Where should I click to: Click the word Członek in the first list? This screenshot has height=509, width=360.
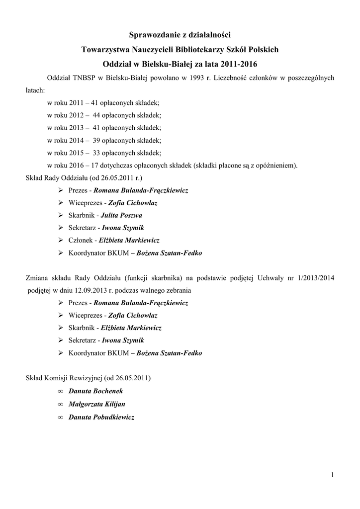[81, 240]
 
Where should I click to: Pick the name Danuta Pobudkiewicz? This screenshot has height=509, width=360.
[101, 417]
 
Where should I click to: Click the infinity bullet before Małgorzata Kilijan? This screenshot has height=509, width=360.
[60, 404]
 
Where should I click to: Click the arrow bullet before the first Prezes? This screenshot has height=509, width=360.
[60, 190]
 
